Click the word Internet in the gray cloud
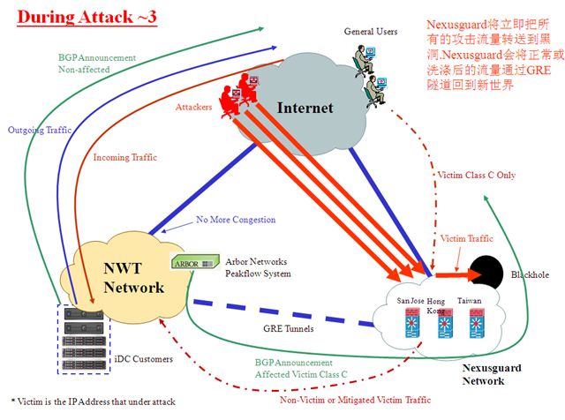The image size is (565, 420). coord(305,109)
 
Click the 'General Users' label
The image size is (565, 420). coord(371,32)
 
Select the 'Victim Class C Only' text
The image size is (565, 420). coord(475,175)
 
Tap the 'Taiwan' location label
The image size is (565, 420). coord(470,301)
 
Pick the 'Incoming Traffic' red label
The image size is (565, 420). coord(124,158)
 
